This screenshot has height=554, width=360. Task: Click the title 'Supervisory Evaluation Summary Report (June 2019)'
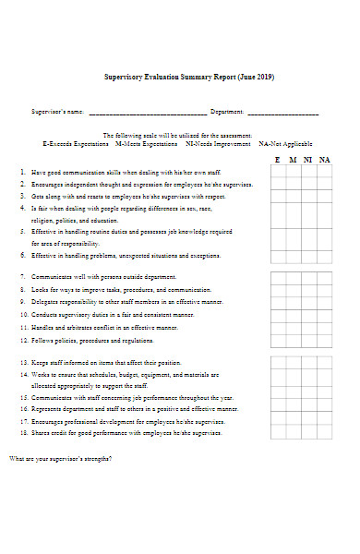click(x=188, y=77)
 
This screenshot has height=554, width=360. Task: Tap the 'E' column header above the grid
click(x=278, y=160)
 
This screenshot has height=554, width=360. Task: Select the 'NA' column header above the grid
click(x=324, y=160)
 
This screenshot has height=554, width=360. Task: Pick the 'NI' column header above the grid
click(x=308, y=160)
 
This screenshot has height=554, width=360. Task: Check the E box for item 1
click(x=278, y=173)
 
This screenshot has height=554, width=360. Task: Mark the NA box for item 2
click(x=324, y=185)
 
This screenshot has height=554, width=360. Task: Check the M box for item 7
click(x=293, y=276)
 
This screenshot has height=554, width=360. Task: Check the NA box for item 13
click(x=324, y=362)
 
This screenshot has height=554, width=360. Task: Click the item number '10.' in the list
click(x=23, y=314)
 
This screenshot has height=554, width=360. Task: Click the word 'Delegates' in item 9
click(x=45, y=301)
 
